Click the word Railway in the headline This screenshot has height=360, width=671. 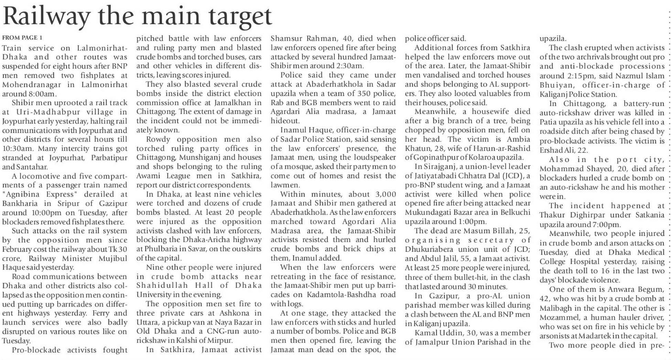[46, 17]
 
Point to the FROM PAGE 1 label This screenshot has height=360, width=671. [22, 37]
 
